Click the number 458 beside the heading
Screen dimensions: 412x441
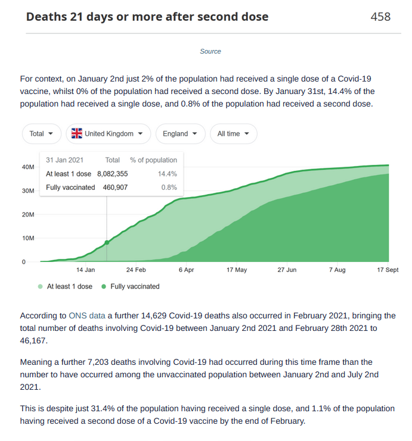[380, 17]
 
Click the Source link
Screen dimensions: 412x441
[210, 51]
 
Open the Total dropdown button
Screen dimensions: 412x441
[41, 133]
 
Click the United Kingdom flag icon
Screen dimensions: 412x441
[77, 133]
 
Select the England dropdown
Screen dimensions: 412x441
[180, 133]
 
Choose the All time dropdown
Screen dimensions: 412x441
[233, 133]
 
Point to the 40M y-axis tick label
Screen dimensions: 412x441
[28, 167]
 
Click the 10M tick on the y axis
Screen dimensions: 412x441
[28, 238]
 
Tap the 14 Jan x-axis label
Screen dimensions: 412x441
[85, 270]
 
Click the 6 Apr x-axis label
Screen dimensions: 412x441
[186, 270]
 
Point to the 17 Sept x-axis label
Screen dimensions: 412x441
[388, 270]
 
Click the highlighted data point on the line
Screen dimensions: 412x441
[107, 242]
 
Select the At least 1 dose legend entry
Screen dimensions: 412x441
[65, 286]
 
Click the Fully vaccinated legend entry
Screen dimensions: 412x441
[131, 286]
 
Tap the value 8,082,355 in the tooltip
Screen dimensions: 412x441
[113, 174]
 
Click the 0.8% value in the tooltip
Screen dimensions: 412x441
[169, 187]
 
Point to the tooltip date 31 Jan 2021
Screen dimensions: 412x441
[64, 160]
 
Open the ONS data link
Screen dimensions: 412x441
[87, 315]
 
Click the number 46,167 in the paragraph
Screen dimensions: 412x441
[32, 340]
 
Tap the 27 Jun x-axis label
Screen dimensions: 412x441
[287, 270]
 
